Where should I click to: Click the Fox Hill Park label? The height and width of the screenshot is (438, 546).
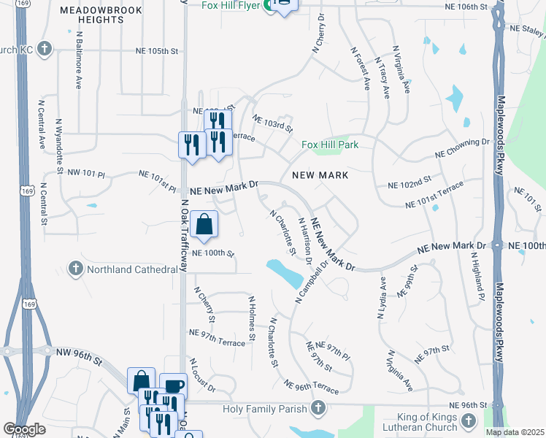click(x=330, y=145)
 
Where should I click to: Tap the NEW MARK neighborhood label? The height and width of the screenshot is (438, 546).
click(x=320, y=175)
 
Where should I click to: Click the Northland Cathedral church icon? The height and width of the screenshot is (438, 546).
click(x=75, y=269)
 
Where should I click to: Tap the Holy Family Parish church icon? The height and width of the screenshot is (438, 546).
click(x=318, y=407)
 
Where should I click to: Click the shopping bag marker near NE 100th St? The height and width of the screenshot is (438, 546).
click(x=205, y=225)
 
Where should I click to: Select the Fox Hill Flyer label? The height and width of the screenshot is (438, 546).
click(x=231, y=6)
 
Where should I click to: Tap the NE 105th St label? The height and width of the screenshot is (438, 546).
click(x=157, y=51)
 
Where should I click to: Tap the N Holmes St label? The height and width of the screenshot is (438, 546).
click(x=252, y=318)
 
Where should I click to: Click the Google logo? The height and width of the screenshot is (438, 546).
click(x=24, y=429)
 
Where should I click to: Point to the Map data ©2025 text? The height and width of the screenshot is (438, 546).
click(x=515, y=432)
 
